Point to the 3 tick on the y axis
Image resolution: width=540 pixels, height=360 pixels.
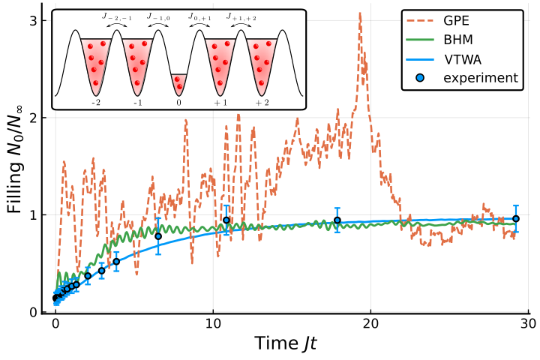pyautogui.click(x=34, y=21)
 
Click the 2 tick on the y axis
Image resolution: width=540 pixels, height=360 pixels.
pyautogui.click(x=34, y=118)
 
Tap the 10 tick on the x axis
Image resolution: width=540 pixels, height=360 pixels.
pyautogui.click(x=213, y=324)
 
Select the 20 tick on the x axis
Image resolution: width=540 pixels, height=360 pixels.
pyautogui.click(x=371, y=324)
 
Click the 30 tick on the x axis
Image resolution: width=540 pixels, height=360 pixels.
pyautogui.click(x=528, y=324)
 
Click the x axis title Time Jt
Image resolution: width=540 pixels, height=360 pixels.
pyautogui.click(x=286, y=343)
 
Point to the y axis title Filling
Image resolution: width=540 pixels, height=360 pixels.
pyautogui.click(x=15, y=188)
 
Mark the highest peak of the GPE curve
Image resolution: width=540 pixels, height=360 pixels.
pyautogui.click(x=360, y=13)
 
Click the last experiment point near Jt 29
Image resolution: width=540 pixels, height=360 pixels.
pyautogui.click(x=516, y=219)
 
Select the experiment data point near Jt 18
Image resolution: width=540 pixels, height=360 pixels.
pyautogui.click(x=337, y=220)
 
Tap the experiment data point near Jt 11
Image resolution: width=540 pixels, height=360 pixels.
pyautogui.click(x=226, y=220)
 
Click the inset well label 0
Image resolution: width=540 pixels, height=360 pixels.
pyautogui.click(x=178, y=103)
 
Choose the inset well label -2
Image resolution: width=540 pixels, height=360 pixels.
pyautogui.click(x=96, y=103)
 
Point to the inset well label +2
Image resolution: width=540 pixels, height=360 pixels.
pyautogui.click(x=262, y=103)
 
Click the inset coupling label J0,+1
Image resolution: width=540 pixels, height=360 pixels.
pyautogui.click(x=199, y=17)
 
